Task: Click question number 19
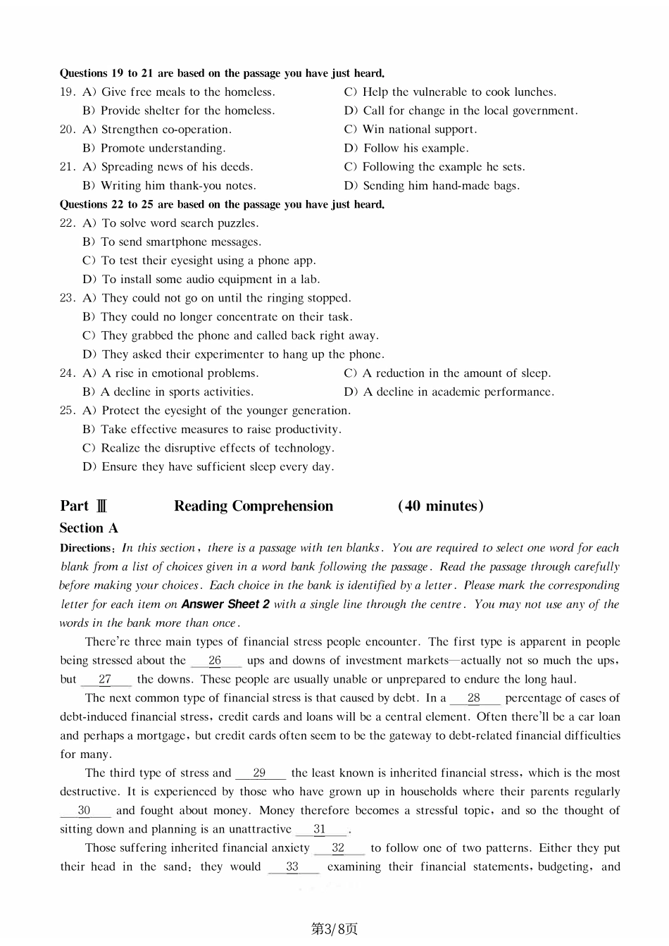point(67,92)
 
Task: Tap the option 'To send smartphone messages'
point(171,242)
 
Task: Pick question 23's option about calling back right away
point(230,336)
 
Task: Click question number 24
point(67,373)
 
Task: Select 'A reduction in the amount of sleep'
point(447,373)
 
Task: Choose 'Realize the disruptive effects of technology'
point(208,448)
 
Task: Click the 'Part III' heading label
point(84,506)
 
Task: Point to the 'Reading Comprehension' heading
point(254,506)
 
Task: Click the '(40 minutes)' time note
point(440,506)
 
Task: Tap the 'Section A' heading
point(89,528)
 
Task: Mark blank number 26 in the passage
point(215,661)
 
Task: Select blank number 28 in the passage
point(475,698)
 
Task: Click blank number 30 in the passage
point(85,811)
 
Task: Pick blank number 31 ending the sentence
point(320,830)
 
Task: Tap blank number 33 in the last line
point(293,867)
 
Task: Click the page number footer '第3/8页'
point(334,929)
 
